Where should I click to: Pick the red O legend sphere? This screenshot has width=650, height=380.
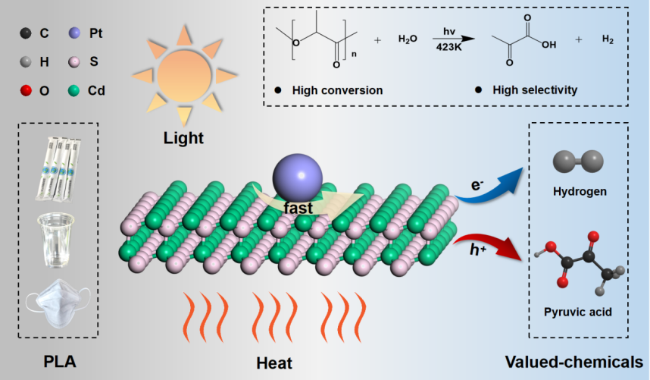pyautogui.click(x=26, y=91)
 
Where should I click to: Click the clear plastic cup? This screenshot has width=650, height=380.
pyautogui.click(x=58, y=240)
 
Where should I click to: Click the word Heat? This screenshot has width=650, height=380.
pyautogui.click(x=273, y=363)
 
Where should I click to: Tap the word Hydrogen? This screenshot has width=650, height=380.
pyautogui.click(x=580, y=192)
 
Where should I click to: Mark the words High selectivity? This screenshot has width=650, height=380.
pyautogui.click(x=535, y=90)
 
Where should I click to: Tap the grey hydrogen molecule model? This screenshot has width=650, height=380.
pyautogui.click(x=579, y=160)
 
